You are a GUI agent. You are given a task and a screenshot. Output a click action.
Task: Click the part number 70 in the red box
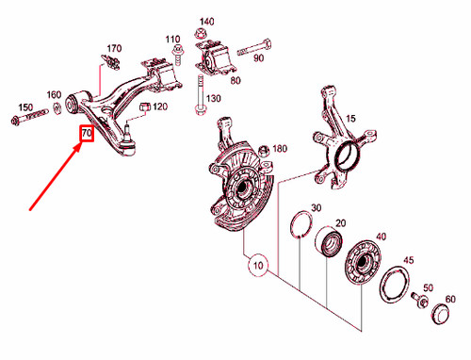pos(86,135)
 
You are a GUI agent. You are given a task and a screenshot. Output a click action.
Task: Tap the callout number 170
pos(114,48)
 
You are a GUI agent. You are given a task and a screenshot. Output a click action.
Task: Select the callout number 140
pos(206,21)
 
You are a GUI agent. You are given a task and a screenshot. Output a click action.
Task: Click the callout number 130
pos(214,99)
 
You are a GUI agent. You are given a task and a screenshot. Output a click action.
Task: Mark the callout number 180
pos(279,149)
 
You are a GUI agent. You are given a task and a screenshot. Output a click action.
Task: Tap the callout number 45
pos(408,261)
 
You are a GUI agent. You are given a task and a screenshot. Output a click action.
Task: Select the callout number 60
pos(449,299)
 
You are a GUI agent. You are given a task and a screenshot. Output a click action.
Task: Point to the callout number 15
pos(351,118)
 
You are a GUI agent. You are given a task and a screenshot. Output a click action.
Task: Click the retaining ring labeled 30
pos(301,225)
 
